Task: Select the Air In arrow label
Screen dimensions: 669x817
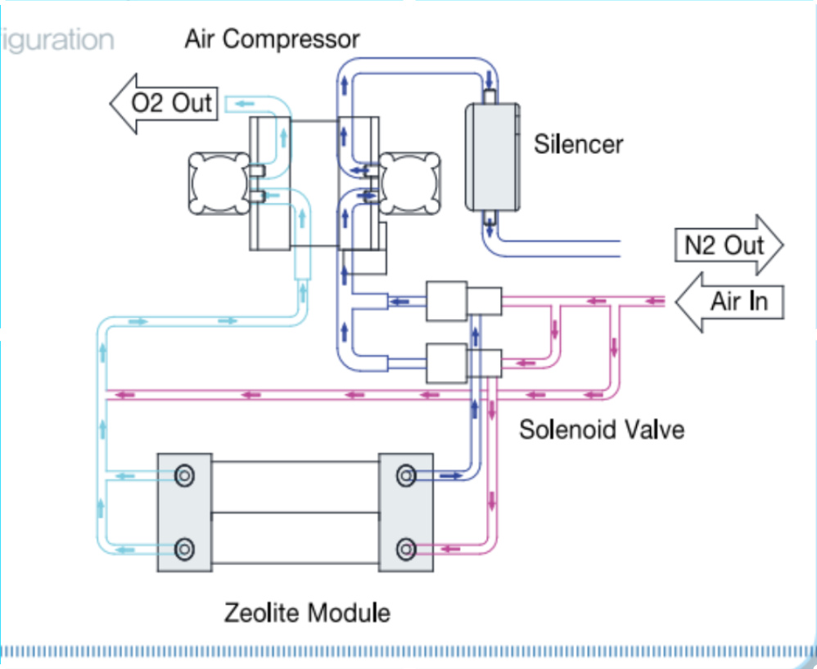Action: [x=733, y=301]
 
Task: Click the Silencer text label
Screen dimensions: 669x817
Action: [x=578, y=145]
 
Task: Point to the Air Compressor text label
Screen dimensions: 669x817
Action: [x=272, y=38]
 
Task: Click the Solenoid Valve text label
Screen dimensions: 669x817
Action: [x=602, y=429]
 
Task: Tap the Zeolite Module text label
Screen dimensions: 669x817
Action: [x=307, y=612]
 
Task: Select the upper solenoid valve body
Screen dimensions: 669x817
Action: [x=446, y=302]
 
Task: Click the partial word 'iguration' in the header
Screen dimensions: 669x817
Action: [x=57, y=40]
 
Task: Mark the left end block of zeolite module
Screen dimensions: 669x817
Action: [x=185, y=512]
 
